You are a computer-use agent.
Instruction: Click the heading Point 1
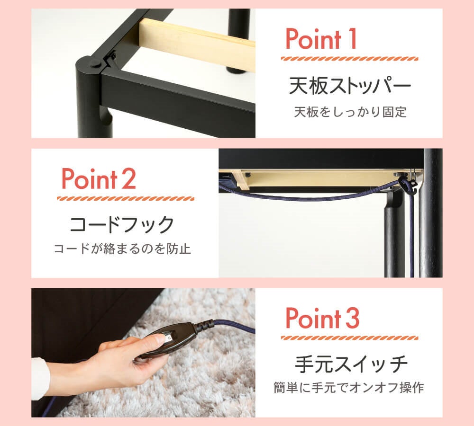321,39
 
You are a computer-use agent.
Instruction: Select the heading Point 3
322,318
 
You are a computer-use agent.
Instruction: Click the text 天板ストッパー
350,86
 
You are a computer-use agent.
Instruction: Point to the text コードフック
122,224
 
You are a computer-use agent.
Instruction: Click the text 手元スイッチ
351,364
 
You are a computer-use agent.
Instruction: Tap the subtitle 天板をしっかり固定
350,112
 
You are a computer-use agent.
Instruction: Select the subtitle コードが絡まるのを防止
122,249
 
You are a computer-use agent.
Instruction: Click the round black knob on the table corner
95,64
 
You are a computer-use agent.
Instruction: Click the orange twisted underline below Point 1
350,59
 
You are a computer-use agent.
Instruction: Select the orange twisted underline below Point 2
126,198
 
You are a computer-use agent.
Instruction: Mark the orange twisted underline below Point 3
350,338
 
